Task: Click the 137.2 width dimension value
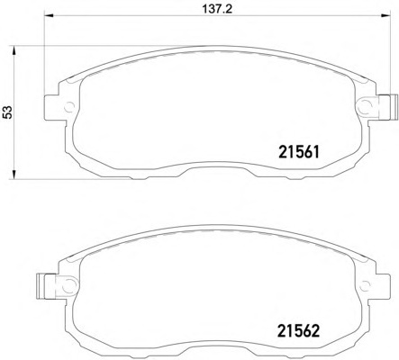click(217, 9)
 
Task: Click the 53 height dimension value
click(9, 112)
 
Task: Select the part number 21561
click(299, 152)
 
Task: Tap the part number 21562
click(299, 331)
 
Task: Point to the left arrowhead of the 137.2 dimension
click(49, 15)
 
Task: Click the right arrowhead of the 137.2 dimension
click(385, 15)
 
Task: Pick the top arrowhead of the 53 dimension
click(14, 50)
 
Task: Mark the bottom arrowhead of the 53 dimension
click(14, 175)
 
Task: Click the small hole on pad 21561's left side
click(69, 106)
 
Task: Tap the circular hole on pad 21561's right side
click(365, 105)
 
